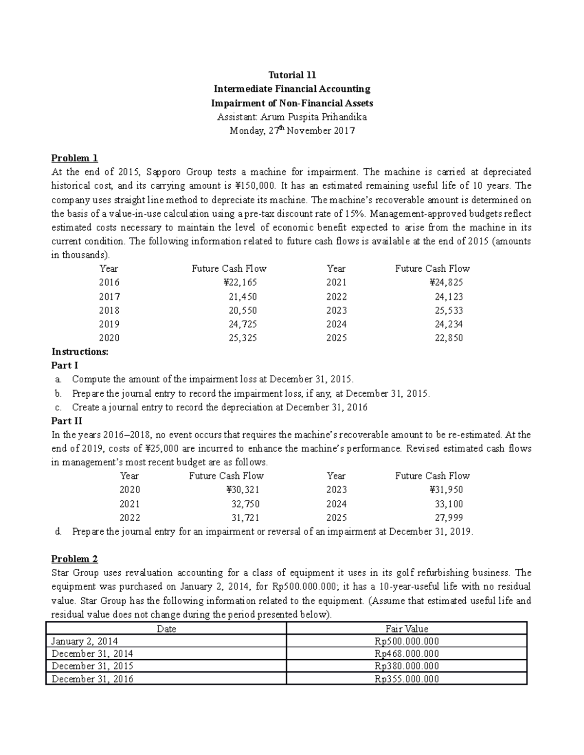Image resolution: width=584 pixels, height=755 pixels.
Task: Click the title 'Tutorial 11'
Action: (292, 75)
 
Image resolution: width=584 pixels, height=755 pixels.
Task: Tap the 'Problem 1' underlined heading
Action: (74, 158)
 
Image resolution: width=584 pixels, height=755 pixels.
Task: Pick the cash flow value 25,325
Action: (242, 338)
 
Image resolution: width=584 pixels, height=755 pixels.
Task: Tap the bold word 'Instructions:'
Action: (80, 351)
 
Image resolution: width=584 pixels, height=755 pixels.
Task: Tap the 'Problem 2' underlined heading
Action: (74, 559)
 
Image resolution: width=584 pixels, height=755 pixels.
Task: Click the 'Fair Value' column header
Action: (407, 629)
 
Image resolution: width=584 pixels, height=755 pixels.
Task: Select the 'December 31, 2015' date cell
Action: (92, 666)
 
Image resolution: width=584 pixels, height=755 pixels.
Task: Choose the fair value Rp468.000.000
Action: (407, 654)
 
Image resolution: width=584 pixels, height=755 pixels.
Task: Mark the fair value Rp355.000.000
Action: (407, 679)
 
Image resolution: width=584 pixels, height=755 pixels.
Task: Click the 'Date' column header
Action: (166, 629)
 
